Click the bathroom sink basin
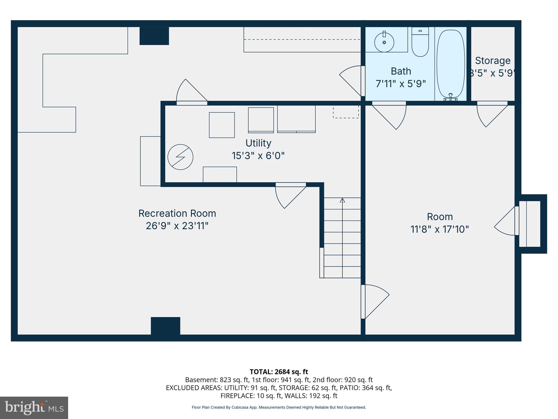(x=384, y=42)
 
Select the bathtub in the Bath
(x=451, y=64)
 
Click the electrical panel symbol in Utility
(x=180, y=157)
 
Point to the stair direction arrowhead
(x=342, y=200)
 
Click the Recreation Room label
(x=177, y=213)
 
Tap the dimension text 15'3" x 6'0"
(x=258, y=156)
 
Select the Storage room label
(x=493, y=61)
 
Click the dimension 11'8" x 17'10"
(x=439, y=229)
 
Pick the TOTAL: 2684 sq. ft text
(x=279, y=372)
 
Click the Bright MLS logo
(x=34, y=408)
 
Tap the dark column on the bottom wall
(x=165, y=326)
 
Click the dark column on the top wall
(x=154, y=36)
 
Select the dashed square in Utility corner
(x=346, y=112)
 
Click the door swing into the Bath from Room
(x=392, y=115)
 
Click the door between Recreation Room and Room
(x=373, y=301)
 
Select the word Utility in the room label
(x=258, y=143)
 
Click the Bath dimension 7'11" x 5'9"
(x=401, y=83)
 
